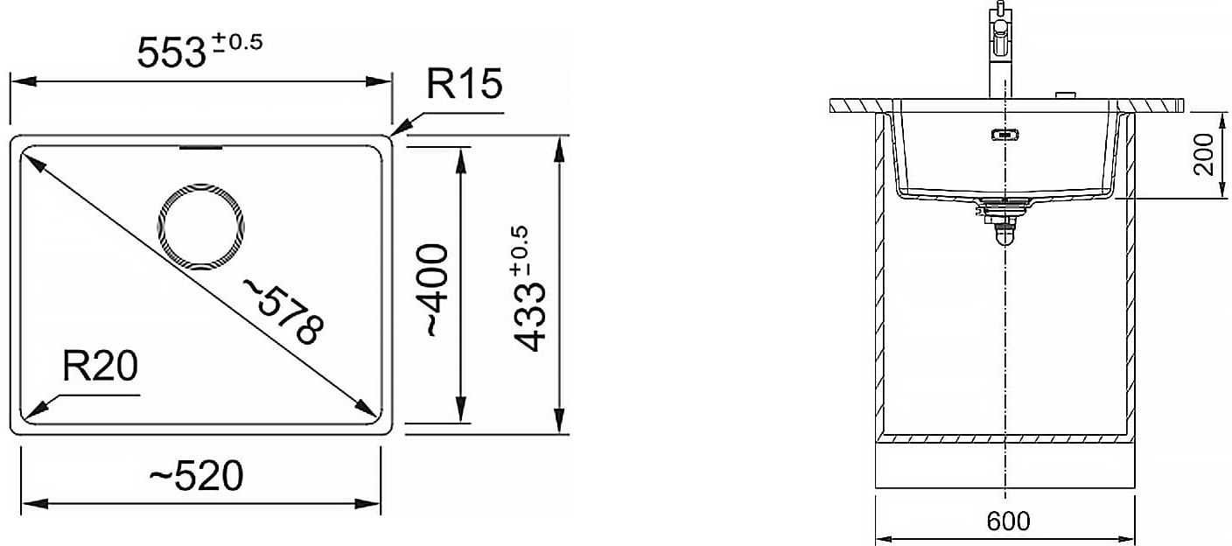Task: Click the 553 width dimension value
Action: click(x=171, y=53)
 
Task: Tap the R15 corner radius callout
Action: click(x=465, y=84)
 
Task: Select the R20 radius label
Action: click(x=100, y=367)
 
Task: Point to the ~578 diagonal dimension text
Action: click(x=284, y=311)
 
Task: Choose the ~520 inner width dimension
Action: click(x=196, y=476)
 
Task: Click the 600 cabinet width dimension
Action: click(x=1008, y=521)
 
